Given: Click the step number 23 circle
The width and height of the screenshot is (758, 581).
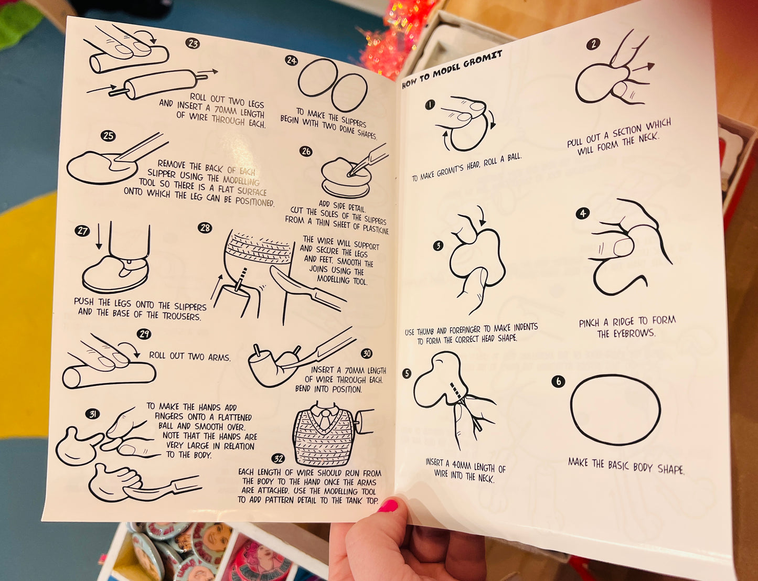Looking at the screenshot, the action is pyautogui.click(x=192, y=43).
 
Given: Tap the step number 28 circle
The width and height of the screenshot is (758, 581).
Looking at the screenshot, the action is pyautogui.click(x=205, y=228).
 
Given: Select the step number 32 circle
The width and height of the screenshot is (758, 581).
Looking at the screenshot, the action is pyautogui.click(x=278, y=459).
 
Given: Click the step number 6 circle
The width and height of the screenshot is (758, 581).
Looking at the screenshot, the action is pyautogui.click(x=558, y=381).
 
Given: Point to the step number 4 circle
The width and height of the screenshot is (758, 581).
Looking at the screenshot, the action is pyautogui.click(x=582, y=213).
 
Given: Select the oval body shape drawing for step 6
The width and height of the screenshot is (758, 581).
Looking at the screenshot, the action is pyautogui.click(x=615, y=410).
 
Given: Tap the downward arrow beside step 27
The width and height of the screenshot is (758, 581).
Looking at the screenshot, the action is pyautogui.click(x=99, y=236).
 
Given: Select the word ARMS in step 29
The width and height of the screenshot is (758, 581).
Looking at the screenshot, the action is pyautogui.click(x=219, y=357).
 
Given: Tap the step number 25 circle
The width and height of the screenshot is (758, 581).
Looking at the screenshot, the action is pyautogui.click(x=108, y=136).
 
